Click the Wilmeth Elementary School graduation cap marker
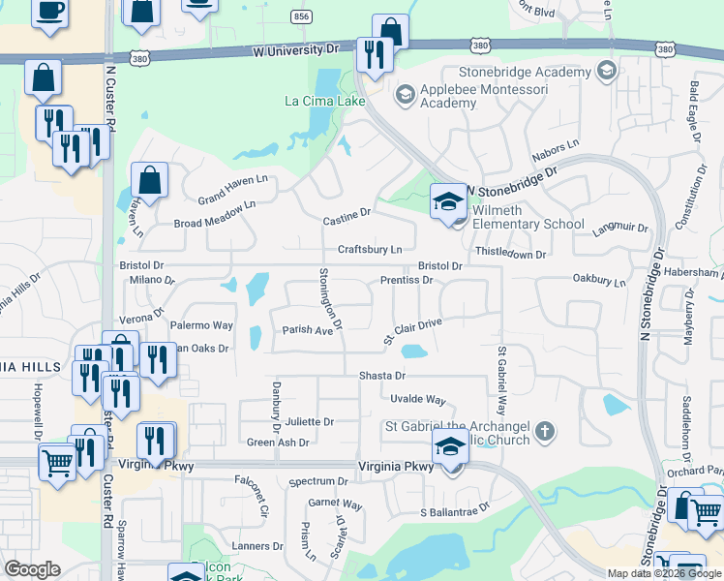pos(448,201)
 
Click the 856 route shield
pos(301,17)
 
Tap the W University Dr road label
pos(293,47)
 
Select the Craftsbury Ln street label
pos(370,250)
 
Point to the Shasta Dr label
pos(381,375)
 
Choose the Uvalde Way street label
pos(417,399)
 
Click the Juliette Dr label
pos(309,422)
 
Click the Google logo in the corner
pos(32,569)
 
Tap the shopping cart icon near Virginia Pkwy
pos(57,463)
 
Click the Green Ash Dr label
pos(278,443)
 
